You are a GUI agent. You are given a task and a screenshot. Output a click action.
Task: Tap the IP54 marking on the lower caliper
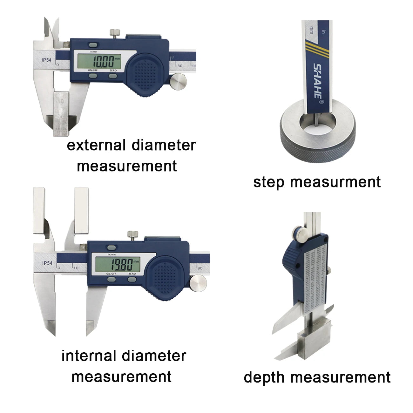click(47, 263)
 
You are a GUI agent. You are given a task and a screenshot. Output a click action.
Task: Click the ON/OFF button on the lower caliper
click(111, 280)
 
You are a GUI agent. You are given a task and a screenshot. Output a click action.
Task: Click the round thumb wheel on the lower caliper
click(197, 283)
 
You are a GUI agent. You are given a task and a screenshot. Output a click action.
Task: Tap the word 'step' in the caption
click(269, 183)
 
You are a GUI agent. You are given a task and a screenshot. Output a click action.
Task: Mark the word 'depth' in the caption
click(265, 377)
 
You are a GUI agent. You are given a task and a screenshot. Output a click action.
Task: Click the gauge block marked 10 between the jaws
click(61, 113)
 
